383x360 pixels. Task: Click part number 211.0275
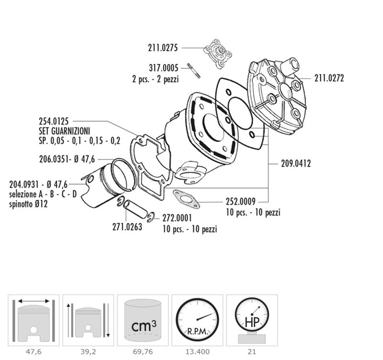(x=163, y=47)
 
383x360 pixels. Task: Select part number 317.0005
(x=163, y=68)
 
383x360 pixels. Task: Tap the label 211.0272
(x=329, y=78)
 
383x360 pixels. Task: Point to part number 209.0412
(x=296, y=163)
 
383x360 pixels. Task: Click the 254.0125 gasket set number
(x=54, y=121)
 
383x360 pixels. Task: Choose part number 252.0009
(x=241, y=201)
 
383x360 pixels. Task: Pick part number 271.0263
(x=127, y=227)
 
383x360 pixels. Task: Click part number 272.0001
(x=177, y=218)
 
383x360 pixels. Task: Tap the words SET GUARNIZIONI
(x=65, y=131)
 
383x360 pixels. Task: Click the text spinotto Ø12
(x=28, y=204)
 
